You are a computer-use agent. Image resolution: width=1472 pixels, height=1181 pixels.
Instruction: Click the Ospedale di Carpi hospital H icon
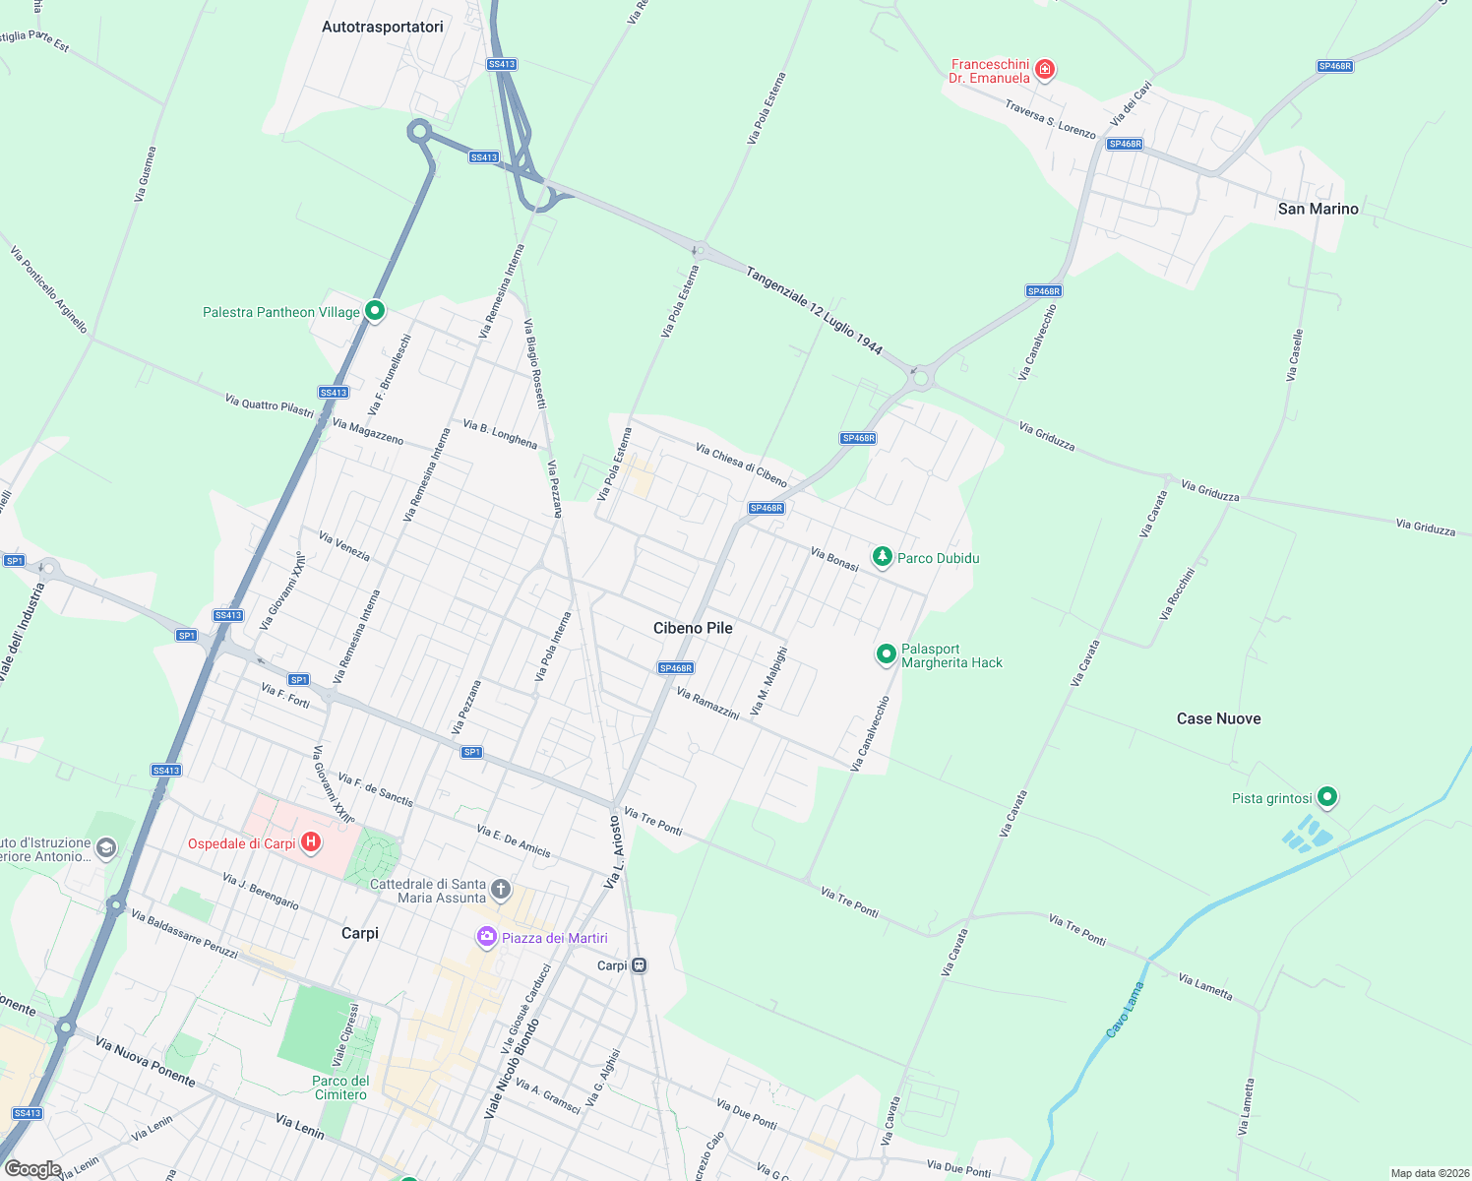point(311,842)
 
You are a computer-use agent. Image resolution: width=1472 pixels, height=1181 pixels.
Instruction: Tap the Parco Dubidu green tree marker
point(883,558)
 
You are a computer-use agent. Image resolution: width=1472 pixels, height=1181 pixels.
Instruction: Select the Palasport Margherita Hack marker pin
point(887,653)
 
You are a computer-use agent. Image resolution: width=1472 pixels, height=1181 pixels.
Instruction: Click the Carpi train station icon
point(640,965)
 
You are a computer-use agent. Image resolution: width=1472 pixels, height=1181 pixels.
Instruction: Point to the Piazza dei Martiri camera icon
point(486,937)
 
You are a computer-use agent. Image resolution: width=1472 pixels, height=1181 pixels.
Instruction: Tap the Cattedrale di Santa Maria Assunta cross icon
point(501,890)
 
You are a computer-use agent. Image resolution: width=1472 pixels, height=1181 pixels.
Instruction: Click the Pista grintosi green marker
point(1327,796)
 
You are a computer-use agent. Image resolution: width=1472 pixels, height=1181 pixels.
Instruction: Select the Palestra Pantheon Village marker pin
point(374,311)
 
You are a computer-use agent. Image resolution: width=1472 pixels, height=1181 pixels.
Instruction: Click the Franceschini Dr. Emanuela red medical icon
point(1045,69)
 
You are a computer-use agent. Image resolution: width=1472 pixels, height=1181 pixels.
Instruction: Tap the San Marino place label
point(1318,209)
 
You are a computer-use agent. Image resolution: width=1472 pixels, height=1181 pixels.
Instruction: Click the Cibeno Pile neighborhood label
point(693,628)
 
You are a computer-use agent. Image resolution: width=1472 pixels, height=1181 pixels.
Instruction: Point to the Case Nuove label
point(1218,718)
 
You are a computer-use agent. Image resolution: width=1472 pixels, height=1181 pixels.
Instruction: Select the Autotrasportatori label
point(382,27)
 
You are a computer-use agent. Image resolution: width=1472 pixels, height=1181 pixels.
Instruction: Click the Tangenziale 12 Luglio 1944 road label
point(814,311)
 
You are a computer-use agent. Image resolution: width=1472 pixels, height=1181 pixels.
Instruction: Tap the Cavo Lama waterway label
point(1126,1010)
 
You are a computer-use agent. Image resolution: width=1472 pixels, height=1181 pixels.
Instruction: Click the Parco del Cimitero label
point(340,1088)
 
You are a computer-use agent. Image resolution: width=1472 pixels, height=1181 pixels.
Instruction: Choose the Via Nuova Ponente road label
point(146,1062)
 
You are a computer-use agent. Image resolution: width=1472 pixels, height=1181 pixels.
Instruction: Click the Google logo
point(32,1169)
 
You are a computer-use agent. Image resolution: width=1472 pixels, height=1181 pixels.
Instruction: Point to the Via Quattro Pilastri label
point(269,405)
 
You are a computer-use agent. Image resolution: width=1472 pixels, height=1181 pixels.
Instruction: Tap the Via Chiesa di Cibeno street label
point(741,465)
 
